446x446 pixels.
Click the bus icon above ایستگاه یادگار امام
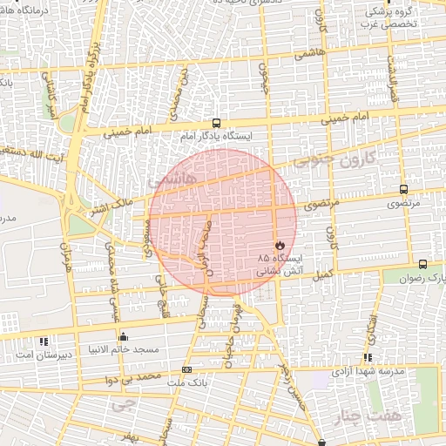[215, 124]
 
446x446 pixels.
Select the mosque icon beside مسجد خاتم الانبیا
[123, 337]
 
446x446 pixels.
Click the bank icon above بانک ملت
[186, 370]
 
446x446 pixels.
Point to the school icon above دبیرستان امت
[45, 340]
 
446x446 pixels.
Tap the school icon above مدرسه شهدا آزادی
[368, 357]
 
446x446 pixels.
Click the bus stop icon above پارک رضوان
[422, 264]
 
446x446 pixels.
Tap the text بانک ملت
[186, 383]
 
